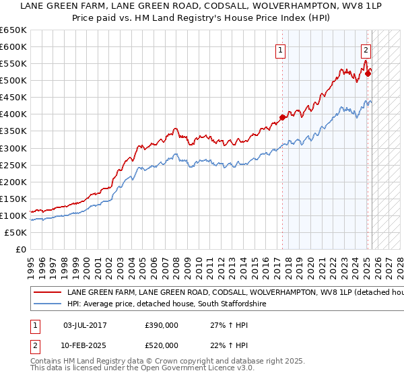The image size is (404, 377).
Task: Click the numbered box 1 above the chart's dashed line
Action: click(x=279, y=49)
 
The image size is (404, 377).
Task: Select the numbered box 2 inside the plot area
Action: click(x=366, y=49)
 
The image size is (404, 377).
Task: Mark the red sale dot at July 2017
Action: click(x=283, y=117)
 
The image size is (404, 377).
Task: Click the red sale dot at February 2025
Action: click(x=368, y=73)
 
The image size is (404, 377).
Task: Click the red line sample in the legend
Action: click(x=46, y=293)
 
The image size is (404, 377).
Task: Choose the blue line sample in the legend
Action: click(x=46, y=304)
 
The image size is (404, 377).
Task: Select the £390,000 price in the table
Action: click(x=162, y=324)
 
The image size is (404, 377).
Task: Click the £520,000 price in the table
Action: click(x=162, y=345)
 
